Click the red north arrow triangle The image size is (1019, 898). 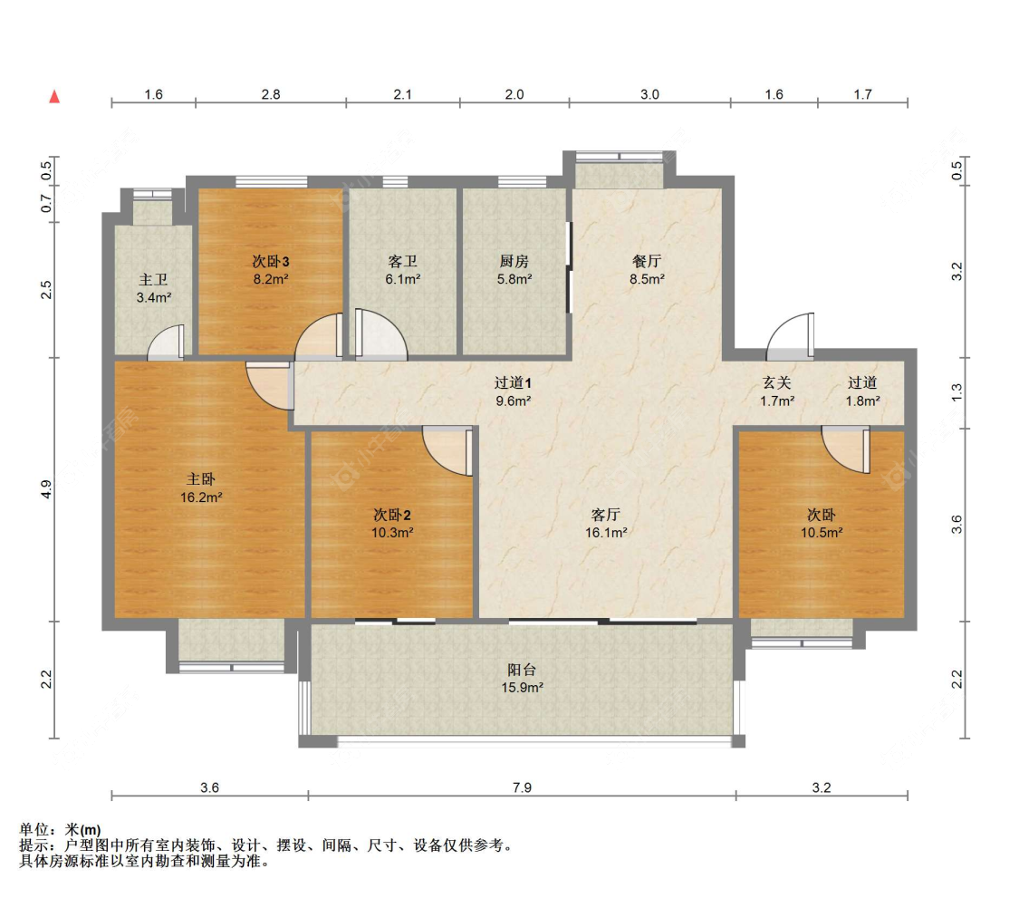[54, 96]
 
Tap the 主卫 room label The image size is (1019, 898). [152, 280]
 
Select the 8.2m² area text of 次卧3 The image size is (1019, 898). [270, 280]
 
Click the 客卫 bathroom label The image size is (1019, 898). [402, 261]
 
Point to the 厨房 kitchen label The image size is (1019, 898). [514, 261]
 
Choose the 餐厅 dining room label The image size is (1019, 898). [648, 261]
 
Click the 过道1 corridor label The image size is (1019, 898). [512, 382]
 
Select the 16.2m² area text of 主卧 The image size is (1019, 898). [205, 497]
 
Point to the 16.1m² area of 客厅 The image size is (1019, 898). [606, 533]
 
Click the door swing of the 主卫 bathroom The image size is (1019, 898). [167, 343]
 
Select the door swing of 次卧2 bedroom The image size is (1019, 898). [447, 449]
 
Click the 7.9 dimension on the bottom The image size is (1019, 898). [522, 787]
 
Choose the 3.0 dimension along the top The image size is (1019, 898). [649, 94]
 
